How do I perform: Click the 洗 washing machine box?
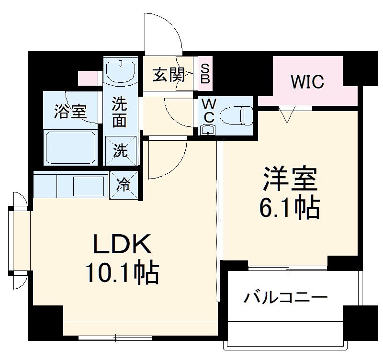coord(121,150)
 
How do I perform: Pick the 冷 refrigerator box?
coord(124,185)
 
